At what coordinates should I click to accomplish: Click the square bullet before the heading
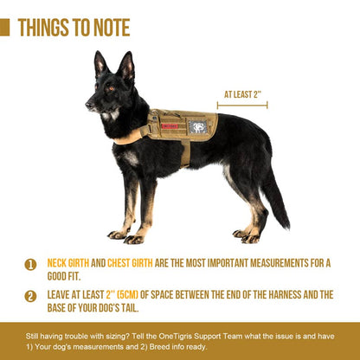[x=4, y=28]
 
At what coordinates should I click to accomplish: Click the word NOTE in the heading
[x=112, y=28]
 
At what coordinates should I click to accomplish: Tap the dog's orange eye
[x=111, y=88]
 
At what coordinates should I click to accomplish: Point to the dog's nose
[x=87, y=105]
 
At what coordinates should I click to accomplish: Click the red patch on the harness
[x=170, y=125]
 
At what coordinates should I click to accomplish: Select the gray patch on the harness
[x=197, y=127]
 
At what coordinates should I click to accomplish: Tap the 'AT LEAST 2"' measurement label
[x=242, y=94]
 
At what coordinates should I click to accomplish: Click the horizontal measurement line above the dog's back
[x=242, y=106]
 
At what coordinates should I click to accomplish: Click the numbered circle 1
[x=30, y=265]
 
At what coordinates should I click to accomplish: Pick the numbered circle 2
[x=30, y=296]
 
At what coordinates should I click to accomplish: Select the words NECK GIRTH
[x=68, y=263]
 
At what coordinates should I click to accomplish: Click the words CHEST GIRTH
[x=130, y=263]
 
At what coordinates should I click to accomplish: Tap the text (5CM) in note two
[x=127, y=294]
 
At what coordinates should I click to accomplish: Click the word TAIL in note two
[x=130, y=308]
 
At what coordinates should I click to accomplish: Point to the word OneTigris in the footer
[x=175, y=337]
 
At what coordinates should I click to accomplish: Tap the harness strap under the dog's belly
[x=185, y=153]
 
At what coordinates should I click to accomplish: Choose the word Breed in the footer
[x=158, y=346]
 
